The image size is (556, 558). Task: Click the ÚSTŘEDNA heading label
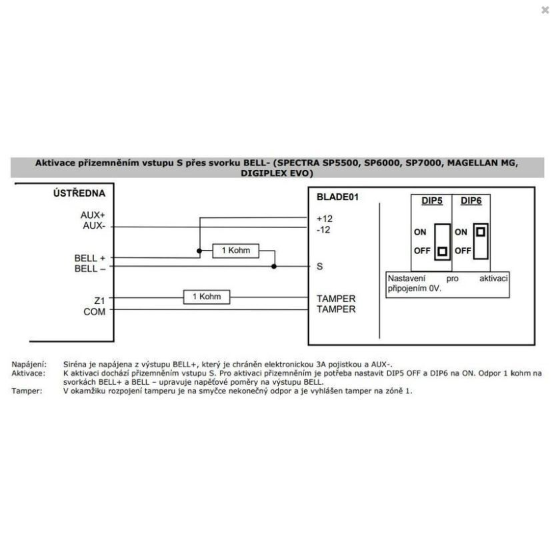tap(79, 193)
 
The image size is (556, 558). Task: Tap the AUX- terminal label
tap(93, 227)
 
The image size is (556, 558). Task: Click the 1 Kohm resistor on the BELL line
tap(235, 251)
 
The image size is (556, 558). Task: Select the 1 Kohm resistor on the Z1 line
tap(207, 297)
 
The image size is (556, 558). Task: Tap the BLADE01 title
tap(339, 197)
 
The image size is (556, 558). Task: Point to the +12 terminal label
tap(324, 218)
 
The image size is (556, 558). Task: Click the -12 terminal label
tap(324, 229)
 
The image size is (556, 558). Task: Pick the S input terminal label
tap(320, 266)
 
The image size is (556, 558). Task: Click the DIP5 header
tap(432, 201)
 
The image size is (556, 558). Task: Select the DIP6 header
tap(471, 201)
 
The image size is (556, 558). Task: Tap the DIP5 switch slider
tap(441, 252)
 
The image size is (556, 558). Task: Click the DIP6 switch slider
tap(481, 233)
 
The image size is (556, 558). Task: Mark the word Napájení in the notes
tap(29, 365)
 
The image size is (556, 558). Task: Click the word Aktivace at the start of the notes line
tap(28, 373)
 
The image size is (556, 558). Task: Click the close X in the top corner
tap(545, 10)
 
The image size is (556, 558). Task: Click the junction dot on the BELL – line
tap(274, 266)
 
